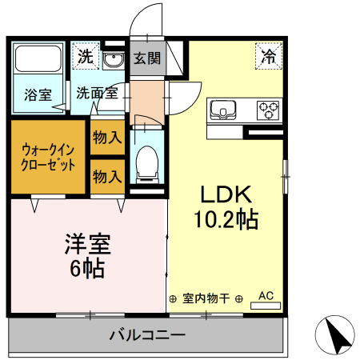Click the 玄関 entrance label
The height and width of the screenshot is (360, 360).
146,58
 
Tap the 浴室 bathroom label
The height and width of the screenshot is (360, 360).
37,93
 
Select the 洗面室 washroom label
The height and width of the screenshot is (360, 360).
97,93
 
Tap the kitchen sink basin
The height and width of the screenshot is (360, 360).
223,108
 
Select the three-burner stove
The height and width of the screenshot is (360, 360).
268,108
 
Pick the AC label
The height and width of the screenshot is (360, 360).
266,296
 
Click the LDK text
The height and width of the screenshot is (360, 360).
226,195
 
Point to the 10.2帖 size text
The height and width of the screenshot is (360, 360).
226,218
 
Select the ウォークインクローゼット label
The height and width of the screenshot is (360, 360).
48,157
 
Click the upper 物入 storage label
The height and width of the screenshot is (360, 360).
106,138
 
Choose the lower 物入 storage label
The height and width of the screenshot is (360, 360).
106,176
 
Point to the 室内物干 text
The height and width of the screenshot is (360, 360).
206,298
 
